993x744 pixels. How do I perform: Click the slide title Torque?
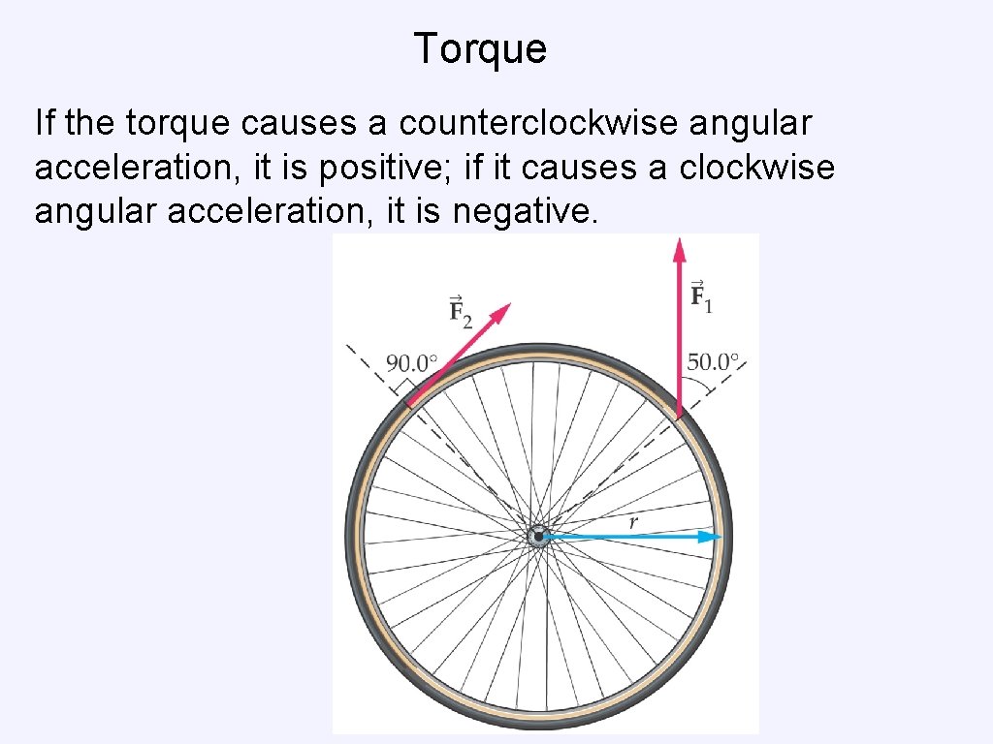tap(480, 48)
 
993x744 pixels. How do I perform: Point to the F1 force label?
tap(700, 295)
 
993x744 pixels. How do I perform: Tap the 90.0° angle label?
tap(412, 364)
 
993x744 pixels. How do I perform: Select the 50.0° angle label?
tap(713, 363)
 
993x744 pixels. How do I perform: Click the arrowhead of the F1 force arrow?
tap(680, 249)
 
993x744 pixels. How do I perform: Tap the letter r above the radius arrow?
tap(632, 522)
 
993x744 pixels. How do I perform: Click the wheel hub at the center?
tap(538, 536)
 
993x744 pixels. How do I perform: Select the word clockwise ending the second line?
tap(756, 168)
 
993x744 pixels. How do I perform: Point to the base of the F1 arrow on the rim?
tap(680, 415)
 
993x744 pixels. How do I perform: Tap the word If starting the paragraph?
tap(45, 124)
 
